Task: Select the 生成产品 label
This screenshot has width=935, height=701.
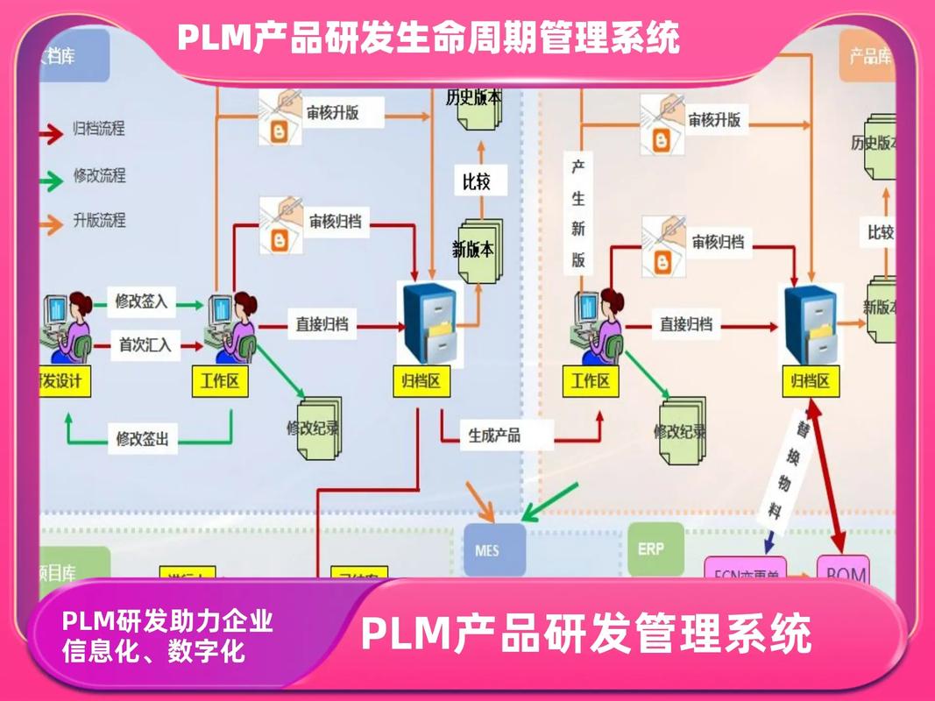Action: point(494,435)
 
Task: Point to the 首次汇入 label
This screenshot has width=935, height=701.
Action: point(145,345)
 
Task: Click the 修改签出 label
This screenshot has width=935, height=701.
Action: point(141,438)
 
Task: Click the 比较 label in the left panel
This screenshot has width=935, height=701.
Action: point(477,182)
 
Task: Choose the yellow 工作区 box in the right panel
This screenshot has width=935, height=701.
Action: point(591,381)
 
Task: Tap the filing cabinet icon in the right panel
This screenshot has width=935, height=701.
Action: point(811,324)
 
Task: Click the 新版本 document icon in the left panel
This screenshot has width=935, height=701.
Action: point(473,250)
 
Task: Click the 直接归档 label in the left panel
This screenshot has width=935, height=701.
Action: point(322,324)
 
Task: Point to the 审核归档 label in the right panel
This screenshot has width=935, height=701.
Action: point(718,242)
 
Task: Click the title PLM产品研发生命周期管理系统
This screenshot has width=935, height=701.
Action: point(429,37)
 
